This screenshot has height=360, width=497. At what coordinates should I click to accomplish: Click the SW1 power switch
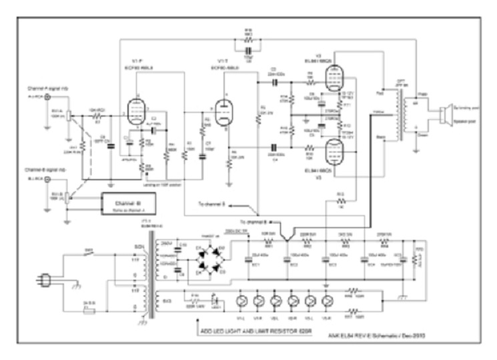pyautogui.click(x=89, y=254)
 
